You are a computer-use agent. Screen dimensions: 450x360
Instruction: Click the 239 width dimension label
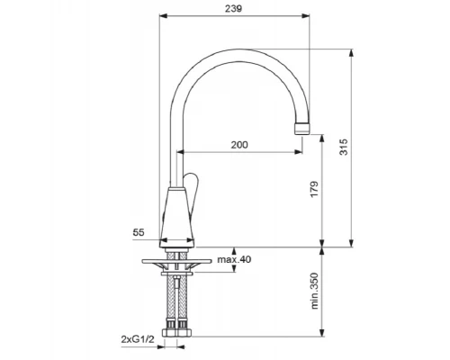point(233,9)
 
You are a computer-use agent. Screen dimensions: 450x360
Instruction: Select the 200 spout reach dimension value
point(239,145)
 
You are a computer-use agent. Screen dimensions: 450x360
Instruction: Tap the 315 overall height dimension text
point(344,147)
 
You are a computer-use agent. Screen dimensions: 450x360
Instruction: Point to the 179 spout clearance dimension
point(314,189)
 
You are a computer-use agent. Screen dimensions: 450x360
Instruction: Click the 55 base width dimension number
point(139,232)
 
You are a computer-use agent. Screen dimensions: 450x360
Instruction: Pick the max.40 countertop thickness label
point(234,259)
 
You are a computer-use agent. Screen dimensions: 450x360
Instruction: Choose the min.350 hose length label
point(314,291)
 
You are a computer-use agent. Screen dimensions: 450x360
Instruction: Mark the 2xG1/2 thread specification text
point(138,339)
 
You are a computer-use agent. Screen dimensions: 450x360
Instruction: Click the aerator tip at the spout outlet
point(302,128)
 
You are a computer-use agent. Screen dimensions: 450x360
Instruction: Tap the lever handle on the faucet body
point(192,195)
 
